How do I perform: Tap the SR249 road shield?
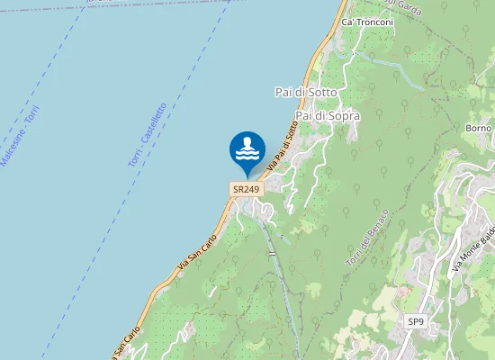(246, 189)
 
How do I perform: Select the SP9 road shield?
(415, 321)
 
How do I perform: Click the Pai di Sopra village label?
(328, 116)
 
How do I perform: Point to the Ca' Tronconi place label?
(369, 22)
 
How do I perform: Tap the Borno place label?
(479, 129)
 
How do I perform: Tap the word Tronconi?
(376, 22)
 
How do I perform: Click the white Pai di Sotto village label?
(305, 92)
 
